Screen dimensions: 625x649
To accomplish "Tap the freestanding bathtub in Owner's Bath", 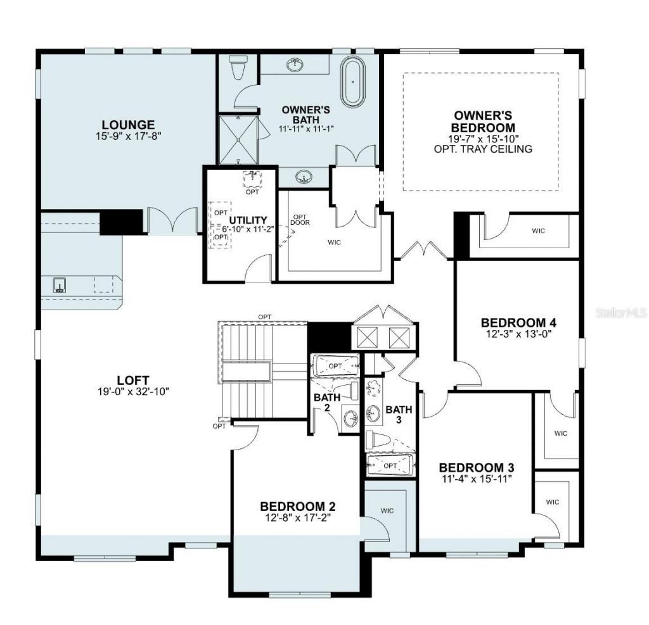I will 352,82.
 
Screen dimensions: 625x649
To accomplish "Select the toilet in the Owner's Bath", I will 239,67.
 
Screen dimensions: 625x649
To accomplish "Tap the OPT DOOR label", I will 300,218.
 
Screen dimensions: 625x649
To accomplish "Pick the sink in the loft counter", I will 60,284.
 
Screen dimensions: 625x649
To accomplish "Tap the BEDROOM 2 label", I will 297,507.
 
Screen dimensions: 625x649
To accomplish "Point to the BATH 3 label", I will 399,414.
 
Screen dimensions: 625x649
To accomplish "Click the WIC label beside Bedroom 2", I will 387,510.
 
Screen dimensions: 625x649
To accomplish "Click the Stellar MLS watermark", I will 624,313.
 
